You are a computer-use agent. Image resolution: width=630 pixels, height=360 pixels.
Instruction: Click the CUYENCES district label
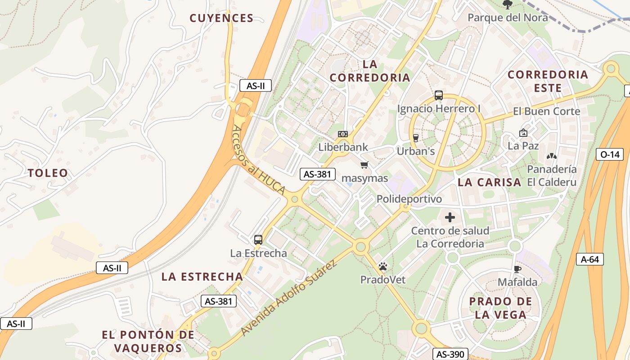221,18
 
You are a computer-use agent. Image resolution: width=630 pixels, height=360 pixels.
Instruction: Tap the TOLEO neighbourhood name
48,173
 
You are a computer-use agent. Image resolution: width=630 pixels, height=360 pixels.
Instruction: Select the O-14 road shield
610,154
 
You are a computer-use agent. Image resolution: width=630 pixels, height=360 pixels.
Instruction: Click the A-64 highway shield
589,259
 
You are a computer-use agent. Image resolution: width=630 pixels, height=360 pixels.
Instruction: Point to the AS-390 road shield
450,354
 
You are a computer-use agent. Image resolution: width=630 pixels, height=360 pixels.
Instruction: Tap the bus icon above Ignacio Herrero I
439,95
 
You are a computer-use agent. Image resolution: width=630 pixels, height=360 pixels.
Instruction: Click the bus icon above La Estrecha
258,240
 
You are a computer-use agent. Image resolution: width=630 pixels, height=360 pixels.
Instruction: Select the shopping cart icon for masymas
364,165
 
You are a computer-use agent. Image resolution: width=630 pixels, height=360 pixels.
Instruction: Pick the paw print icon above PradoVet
383,267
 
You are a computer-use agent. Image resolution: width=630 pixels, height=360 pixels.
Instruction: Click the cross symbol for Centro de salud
450,218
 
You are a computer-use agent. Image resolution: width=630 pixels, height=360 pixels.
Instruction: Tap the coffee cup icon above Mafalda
517,269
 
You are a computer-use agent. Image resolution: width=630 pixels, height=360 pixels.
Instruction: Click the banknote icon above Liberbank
343,134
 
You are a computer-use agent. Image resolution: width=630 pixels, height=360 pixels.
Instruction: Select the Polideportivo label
409,199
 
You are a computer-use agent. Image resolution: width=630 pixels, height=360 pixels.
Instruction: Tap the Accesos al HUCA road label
259,160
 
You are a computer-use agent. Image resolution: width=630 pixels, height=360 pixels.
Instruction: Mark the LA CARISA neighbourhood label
489,182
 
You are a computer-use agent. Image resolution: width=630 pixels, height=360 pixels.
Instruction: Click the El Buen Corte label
546,111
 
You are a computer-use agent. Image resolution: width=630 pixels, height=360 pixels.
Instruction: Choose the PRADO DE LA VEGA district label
500,308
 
